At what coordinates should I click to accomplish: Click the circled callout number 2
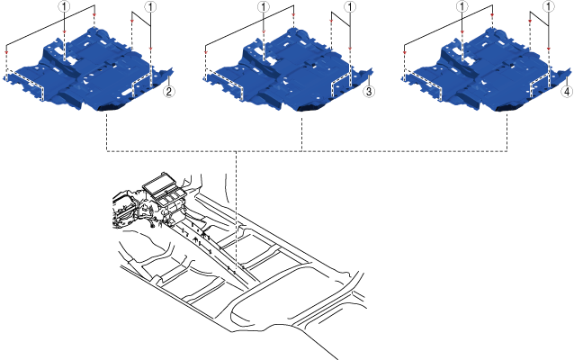coord(168,91)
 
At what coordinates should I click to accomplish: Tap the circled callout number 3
coord(369,91)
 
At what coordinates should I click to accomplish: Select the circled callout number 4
coord(567,91)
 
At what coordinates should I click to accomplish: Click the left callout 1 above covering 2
coord(64,6)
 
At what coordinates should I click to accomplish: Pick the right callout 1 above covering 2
coord(150,6)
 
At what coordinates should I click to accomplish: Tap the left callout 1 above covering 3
coord(264,6)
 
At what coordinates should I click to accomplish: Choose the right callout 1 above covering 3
coord(350,6)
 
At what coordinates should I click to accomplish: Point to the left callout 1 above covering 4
coord(462,6)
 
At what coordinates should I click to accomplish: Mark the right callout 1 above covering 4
coord(549,6)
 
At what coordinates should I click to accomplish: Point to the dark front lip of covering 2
coord(112,107)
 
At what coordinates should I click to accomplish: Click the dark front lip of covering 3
coord(312,107)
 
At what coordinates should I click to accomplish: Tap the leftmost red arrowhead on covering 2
coord(6,53)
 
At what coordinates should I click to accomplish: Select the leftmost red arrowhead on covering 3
coord(206,53)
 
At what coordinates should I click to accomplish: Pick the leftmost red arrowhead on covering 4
coord(405,53)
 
